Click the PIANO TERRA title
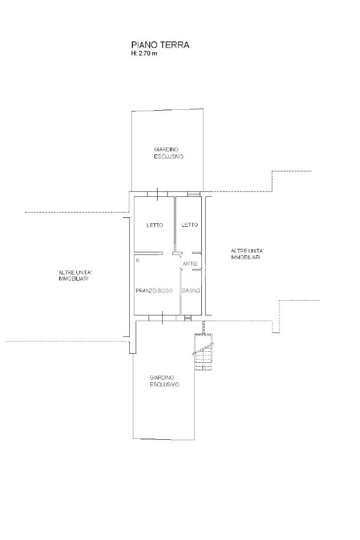click(160, 45)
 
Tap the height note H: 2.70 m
click(144, 53)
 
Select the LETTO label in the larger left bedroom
click(155, 225)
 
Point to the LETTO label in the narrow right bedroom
click(190, 225)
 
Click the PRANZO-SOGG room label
click(154, 291)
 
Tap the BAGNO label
click(191, 291)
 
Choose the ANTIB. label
click(190, 264)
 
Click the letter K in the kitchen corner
click(138, 261)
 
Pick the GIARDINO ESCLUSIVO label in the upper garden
click(168, 153)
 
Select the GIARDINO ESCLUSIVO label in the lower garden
click(164, 381)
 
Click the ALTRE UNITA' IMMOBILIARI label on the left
click(74, 275)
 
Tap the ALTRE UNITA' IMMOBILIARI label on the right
click(246, 254)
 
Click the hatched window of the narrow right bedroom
click(193, 194)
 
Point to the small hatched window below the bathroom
click(188, 318)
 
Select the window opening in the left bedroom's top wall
click(157, 194)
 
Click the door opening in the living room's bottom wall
click(162, 318)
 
